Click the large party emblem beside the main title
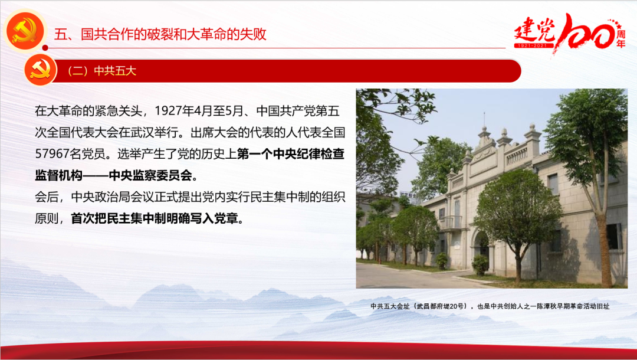[25, 31]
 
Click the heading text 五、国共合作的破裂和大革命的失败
[160, 34]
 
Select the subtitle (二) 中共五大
[102, 71]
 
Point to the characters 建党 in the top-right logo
[534, 30]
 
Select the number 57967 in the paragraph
[51, 154]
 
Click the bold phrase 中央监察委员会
[150, 175]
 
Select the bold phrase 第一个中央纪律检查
[291, 154]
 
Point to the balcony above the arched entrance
[451, 222]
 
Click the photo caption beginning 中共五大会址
[490, 306]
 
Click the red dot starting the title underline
[45, 48]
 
